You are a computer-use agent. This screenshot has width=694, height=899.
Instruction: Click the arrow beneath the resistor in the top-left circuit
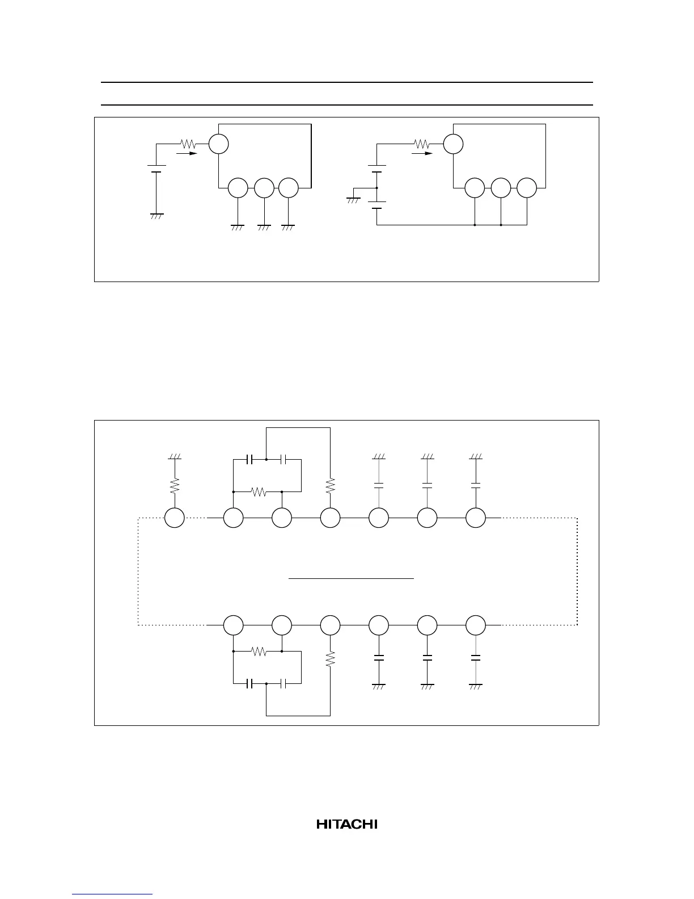point(188,153)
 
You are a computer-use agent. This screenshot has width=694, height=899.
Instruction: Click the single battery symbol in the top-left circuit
point(156,169)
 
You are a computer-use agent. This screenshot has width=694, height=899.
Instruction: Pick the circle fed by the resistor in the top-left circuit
point(218,144)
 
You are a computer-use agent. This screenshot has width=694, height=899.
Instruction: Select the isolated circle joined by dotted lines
point(174,518)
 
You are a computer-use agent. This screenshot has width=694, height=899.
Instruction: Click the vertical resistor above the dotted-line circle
point(174,485)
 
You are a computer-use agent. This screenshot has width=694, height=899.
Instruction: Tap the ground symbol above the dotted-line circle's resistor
point(174,456)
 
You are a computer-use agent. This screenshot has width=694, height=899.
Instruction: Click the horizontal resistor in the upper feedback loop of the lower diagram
point(259,491)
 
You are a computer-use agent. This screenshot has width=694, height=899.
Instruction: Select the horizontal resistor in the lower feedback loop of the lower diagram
point(259,652)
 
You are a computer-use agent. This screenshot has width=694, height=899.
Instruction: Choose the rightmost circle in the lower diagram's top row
point(476,518)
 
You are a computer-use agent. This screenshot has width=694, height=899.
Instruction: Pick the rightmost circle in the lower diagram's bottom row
point(476,625)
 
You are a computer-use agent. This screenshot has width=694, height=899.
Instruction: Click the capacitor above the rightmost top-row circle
point(476,486)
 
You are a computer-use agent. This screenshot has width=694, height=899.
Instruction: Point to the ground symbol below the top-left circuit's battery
point(156,216)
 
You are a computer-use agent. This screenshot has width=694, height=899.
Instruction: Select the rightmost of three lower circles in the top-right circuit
point(527,188)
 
